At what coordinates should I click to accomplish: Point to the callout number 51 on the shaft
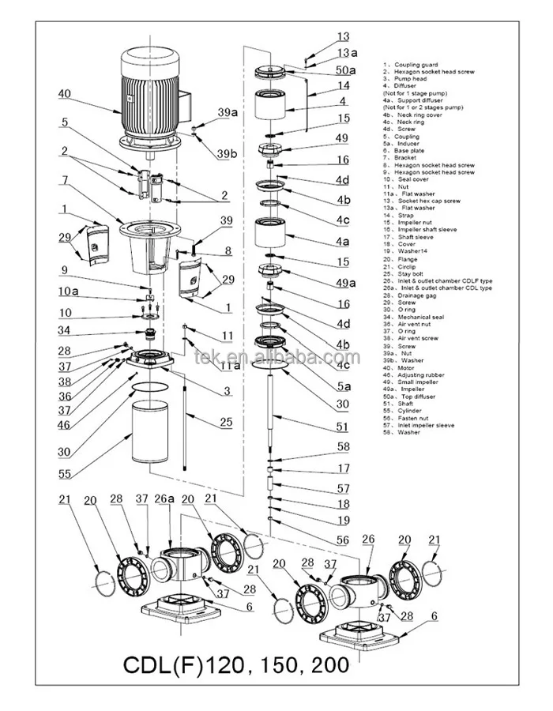click(x=342, y=427)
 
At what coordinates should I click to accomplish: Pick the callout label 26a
click(x=164, y=498)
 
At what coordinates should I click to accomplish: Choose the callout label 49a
click(x=344, y=283)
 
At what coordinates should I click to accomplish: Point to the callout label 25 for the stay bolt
click(x=226, y=422)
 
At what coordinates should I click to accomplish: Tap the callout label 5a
click(x=344, y=386)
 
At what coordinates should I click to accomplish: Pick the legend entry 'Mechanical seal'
click(x=427, y=316)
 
